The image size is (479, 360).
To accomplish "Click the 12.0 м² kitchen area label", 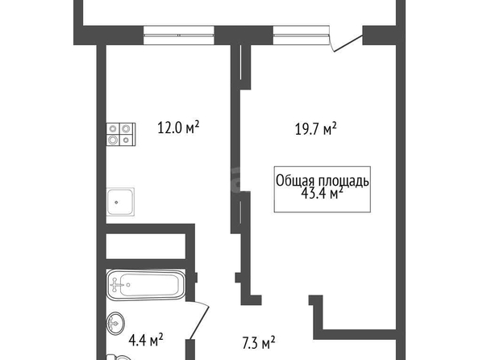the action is (178, 128).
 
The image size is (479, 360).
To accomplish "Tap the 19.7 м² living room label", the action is (315, 129).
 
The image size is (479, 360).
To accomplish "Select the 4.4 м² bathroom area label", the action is (146, 340).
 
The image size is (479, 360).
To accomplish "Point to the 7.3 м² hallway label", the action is (259, 343).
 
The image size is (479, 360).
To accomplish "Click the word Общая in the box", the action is (296, 181).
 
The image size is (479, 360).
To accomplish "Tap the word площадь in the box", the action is (344, 181).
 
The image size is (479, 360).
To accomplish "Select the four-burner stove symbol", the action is (121, 134).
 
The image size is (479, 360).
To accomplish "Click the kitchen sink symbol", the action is (120, 202).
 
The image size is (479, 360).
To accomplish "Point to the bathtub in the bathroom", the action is (146, 285).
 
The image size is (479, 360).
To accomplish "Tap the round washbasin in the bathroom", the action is (116, 323).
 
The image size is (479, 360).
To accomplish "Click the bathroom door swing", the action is (198, 320).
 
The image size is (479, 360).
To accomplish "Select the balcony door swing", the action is (347, 43).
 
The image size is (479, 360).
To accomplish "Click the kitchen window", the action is (179, 36).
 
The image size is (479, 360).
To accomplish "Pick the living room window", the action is (302, 36).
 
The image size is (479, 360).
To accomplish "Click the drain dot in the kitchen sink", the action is (116, 202).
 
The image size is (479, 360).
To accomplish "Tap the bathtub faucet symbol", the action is (116, 285).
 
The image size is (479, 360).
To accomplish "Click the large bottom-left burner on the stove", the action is (113, 140).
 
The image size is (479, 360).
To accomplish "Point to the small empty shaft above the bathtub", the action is (146, 246).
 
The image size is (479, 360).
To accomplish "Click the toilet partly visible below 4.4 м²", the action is (119, 358).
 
